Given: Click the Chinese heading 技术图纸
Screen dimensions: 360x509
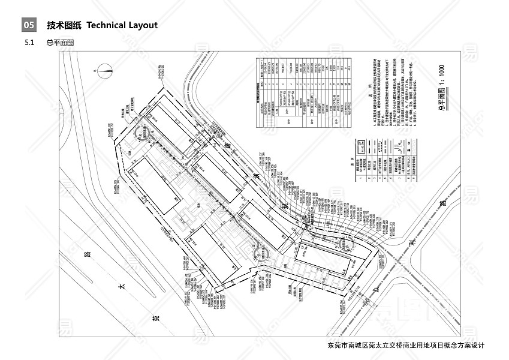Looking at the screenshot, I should [x=64, y=25].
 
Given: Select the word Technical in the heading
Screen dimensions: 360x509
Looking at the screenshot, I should [x=106, y=25].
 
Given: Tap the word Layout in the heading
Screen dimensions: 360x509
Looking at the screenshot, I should [x=143, y=25].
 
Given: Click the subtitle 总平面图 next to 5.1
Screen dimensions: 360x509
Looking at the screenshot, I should [x=59, y=43].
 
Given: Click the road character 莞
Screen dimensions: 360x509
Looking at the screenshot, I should [x=155, y=318].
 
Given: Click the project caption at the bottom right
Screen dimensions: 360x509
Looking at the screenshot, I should [x=405, y=346].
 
